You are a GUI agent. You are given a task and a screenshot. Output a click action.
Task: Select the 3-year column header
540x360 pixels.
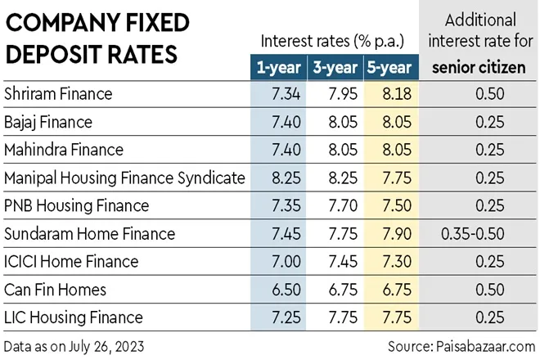(x=332, y=67)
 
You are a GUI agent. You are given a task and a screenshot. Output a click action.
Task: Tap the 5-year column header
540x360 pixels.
(x=387, y=67)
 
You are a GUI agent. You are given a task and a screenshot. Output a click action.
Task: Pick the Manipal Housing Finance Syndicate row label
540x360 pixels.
(x=124, y=178)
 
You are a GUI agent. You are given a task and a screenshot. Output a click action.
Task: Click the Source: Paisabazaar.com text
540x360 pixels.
(x=463, y=344)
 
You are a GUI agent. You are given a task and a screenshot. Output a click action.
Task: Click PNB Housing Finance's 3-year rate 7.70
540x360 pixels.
(x=334, y=206)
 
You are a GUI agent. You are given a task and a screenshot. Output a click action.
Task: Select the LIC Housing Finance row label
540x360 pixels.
(x=74, y=317)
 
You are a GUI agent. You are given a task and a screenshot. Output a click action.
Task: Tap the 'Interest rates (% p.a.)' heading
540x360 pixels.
(x=329, y=41)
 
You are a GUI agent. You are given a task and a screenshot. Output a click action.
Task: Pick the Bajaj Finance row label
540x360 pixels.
(x=48, y=122)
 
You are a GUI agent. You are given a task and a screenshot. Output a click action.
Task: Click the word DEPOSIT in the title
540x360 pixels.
(x=51, y=54)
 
